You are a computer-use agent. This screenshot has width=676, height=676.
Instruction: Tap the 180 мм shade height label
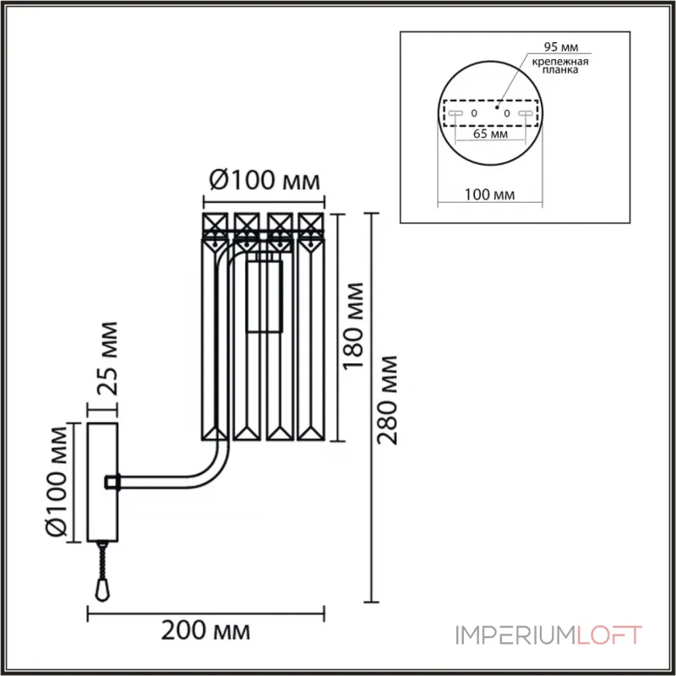(355, 325)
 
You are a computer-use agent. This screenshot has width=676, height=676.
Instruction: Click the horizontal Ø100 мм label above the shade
(264, 181)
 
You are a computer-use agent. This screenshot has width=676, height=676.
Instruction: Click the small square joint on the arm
(111, 482)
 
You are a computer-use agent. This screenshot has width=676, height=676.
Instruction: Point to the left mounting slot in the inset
(455, 112)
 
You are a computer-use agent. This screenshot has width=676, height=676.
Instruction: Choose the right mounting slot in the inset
(526, 112)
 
